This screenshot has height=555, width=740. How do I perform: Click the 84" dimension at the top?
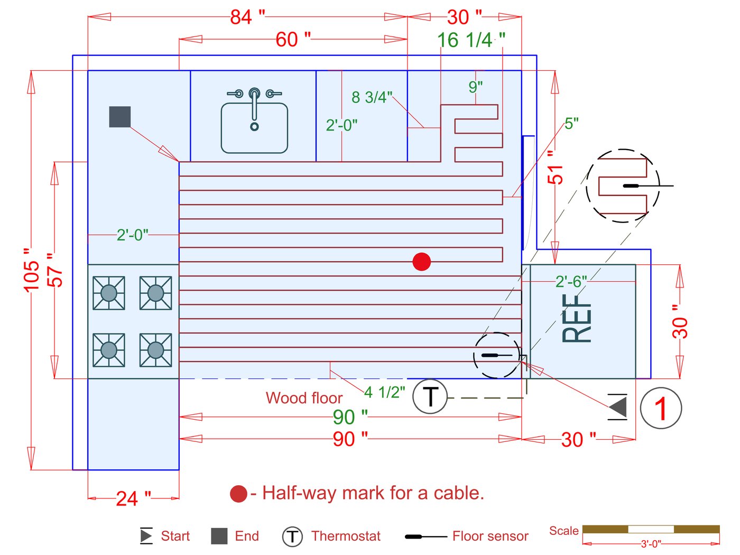(x=247, y=17)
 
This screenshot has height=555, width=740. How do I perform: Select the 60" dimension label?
(x=293, y=39)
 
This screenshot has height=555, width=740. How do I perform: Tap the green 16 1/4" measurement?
(x=470, y=40)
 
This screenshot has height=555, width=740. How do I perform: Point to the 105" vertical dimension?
(x=31, y=269)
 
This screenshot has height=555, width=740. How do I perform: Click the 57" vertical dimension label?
(x=54, y=270)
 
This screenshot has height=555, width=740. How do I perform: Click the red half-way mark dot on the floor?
(x=421, y=262)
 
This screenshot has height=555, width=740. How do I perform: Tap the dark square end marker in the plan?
(x=120, y=117)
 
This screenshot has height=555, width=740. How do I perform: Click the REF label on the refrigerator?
(x=577, y=317)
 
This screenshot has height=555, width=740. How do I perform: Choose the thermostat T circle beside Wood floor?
(x=430, y=396)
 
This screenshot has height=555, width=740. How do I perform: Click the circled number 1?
(x=661, y=408)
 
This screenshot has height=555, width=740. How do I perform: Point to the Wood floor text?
(x=304, y=397)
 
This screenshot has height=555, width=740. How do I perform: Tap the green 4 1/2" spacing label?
(x=384, y=392)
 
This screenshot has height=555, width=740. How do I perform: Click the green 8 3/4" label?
(x=372, y=97)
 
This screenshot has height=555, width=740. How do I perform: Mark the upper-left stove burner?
(x=109, y=292)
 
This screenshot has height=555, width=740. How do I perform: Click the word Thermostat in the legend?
(x=346, y=536)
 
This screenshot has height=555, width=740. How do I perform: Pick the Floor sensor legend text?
(x=490, y=536)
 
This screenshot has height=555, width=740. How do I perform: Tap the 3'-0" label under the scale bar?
(x=651, y=544)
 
